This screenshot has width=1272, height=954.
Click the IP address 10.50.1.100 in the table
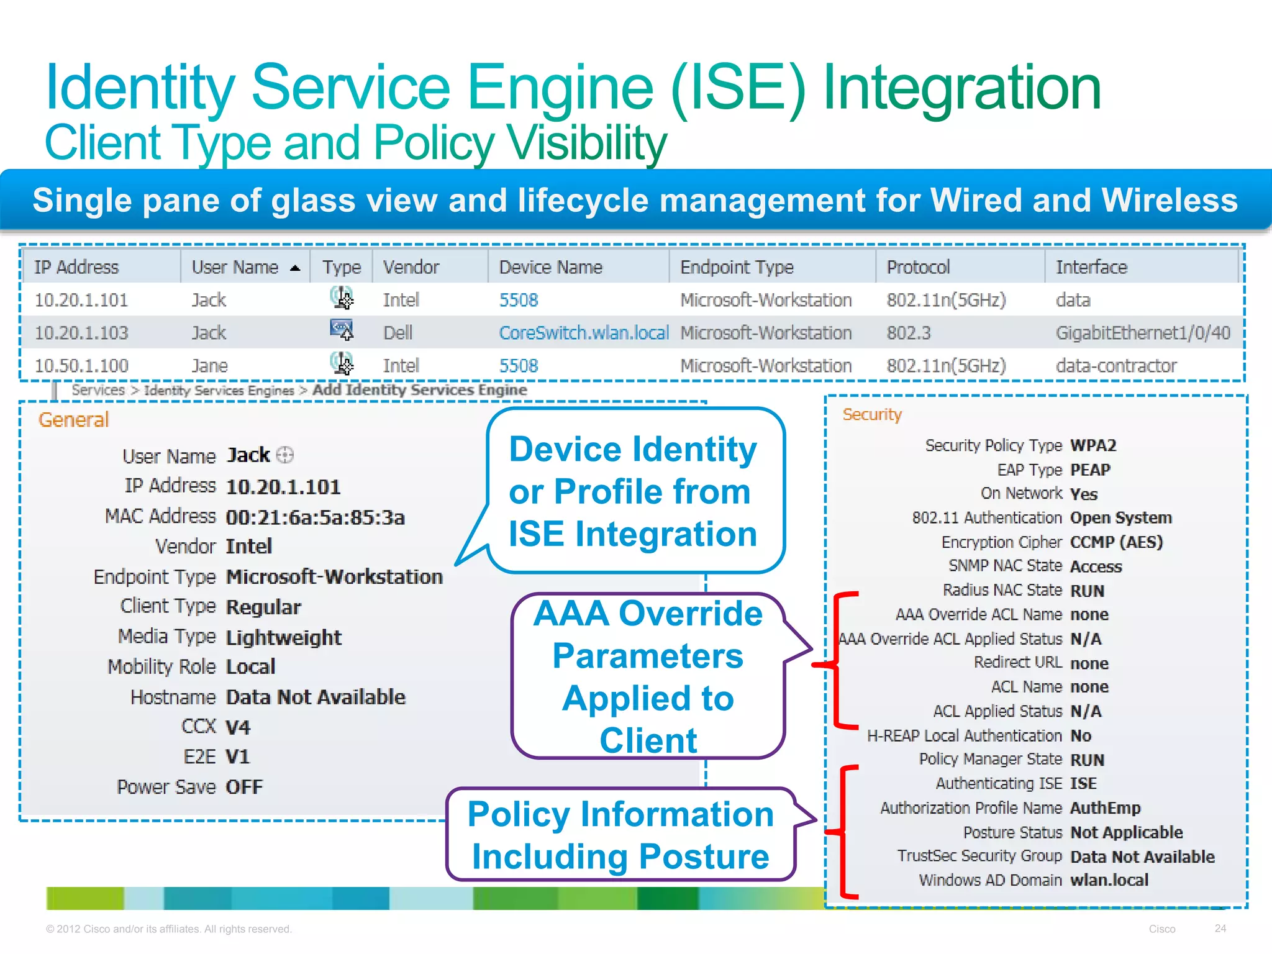pos(81,366)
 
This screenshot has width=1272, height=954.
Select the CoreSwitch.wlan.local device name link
pos(583,333)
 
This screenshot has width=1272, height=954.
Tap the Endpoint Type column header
pos(737,267)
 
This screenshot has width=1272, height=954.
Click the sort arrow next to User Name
pos(295,268)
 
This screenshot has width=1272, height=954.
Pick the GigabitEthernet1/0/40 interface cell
pos(1142,333)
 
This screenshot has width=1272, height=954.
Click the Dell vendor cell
pos(397,333)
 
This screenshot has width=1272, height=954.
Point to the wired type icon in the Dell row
pos(342,330)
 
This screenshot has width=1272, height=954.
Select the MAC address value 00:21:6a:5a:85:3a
pos(315,517)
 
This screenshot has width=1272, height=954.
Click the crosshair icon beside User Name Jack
pos(284,455)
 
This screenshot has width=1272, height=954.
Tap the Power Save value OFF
pos(244,787)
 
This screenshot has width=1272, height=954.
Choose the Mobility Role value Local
pos(250,666)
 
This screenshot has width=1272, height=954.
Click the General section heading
pos(73,420)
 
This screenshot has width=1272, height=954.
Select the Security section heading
pos(871,414)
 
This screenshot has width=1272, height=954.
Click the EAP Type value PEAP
pos(1090,470)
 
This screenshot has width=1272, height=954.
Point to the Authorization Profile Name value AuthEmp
pos(1105,808)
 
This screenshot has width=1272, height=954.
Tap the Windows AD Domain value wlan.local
pos(1109,880)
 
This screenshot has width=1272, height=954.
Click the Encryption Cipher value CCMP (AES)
pos(1116,542)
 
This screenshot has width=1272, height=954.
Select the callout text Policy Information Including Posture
pos(620,835)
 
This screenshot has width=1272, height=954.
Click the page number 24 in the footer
pos(1220,928)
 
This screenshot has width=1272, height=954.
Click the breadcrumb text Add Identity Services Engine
pos(419,390)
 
